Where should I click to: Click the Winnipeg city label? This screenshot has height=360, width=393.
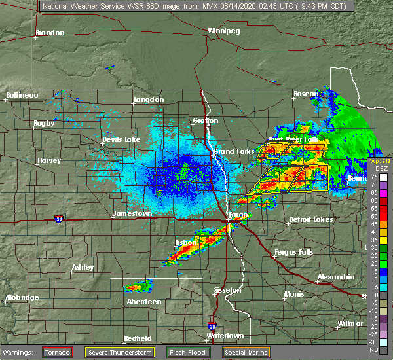224,31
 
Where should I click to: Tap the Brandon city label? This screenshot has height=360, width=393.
50,33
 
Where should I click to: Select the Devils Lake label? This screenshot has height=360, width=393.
121,140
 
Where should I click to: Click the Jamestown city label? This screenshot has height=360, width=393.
132,214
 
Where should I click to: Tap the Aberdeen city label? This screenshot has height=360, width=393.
143,302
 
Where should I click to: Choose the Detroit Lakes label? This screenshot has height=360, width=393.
310,219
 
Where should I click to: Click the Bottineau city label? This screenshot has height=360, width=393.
22,95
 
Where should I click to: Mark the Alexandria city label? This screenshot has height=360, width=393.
336,278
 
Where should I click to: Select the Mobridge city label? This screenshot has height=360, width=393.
24,298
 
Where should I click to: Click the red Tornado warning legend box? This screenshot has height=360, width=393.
58,352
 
